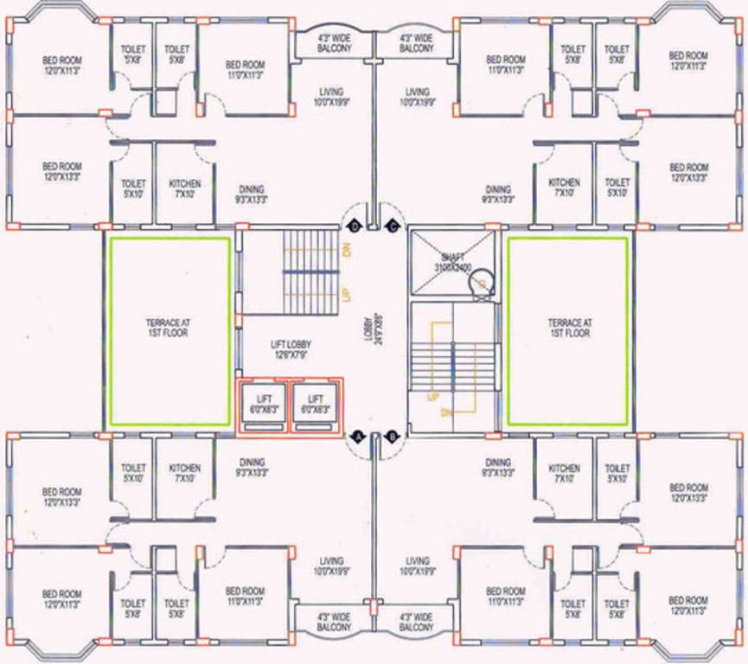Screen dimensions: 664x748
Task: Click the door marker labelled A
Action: [x=355, y=437]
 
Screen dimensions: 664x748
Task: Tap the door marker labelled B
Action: [x=392, y=437]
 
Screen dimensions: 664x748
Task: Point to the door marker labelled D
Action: [x=355, y=227]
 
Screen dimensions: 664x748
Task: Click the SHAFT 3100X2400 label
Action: [x=452, y=262]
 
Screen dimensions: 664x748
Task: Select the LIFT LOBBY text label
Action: [x=291, y=350]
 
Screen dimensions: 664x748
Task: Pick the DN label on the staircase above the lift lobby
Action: [x=346, y=250]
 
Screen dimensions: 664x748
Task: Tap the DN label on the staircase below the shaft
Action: [x=446, y=413]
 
